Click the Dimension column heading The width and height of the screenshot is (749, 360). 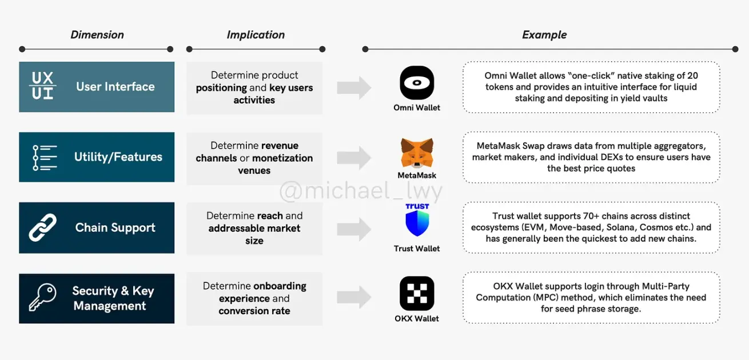tap(97, 35)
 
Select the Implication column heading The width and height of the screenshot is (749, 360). tap(256, 35)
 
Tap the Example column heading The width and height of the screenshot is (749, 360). tap(544, 35)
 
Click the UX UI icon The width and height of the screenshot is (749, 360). tap(42, 86)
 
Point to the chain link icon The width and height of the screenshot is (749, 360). tap(42, 227)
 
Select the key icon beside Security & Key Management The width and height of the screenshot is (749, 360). tap(42, 297)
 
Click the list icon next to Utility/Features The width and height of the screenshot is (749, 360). tap(45, 158)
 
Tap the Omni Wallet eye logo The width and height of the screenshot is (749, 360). tap(417, 82)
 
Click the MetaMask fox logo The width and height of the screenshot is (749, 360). tap(417, 153)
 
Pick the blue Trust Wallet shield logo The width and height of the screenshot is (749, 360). tap(417, 223)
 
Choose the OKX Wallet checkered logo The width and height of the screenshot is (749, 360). tap(417, 293)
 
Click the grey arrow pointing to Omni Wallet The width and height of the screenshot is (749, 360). tap(354, 88)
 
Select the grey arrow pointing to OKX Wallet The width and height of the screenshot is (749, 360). tap(354, 297)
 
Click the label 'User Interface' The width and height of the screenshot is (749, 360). tap(115, 87)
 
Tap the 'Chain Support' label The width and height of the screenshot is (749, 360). tap(115, 227)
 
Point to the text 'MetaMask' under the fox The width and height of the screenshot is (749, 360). tap(417, 175)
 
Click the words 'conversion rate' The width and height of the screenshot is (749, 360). tap(254, 311)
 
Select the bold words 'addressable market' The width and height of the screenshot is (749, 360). tap(254, 229)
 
